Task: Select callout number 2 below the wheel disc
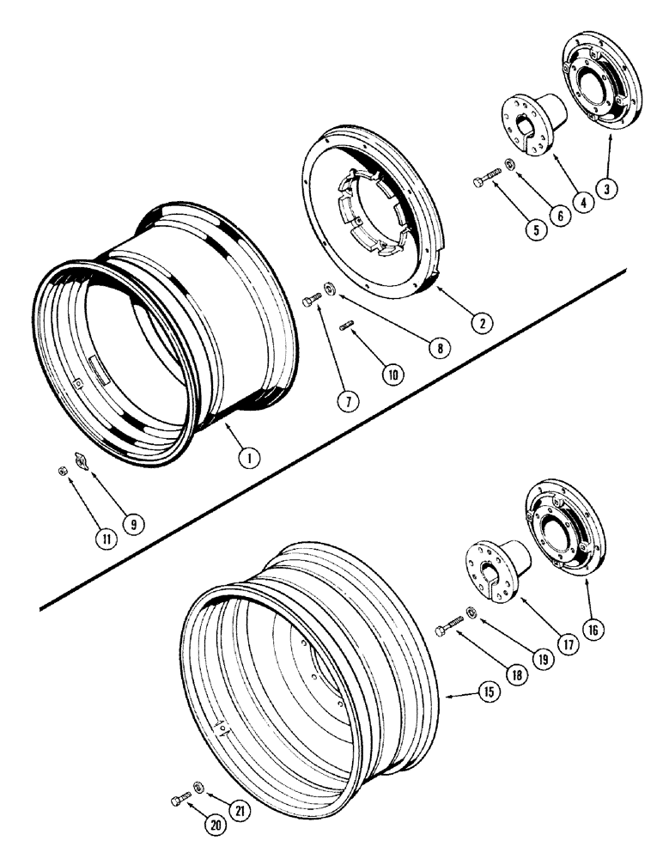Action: [481, 323]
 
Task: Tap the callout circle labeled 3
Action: [607, 192]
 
